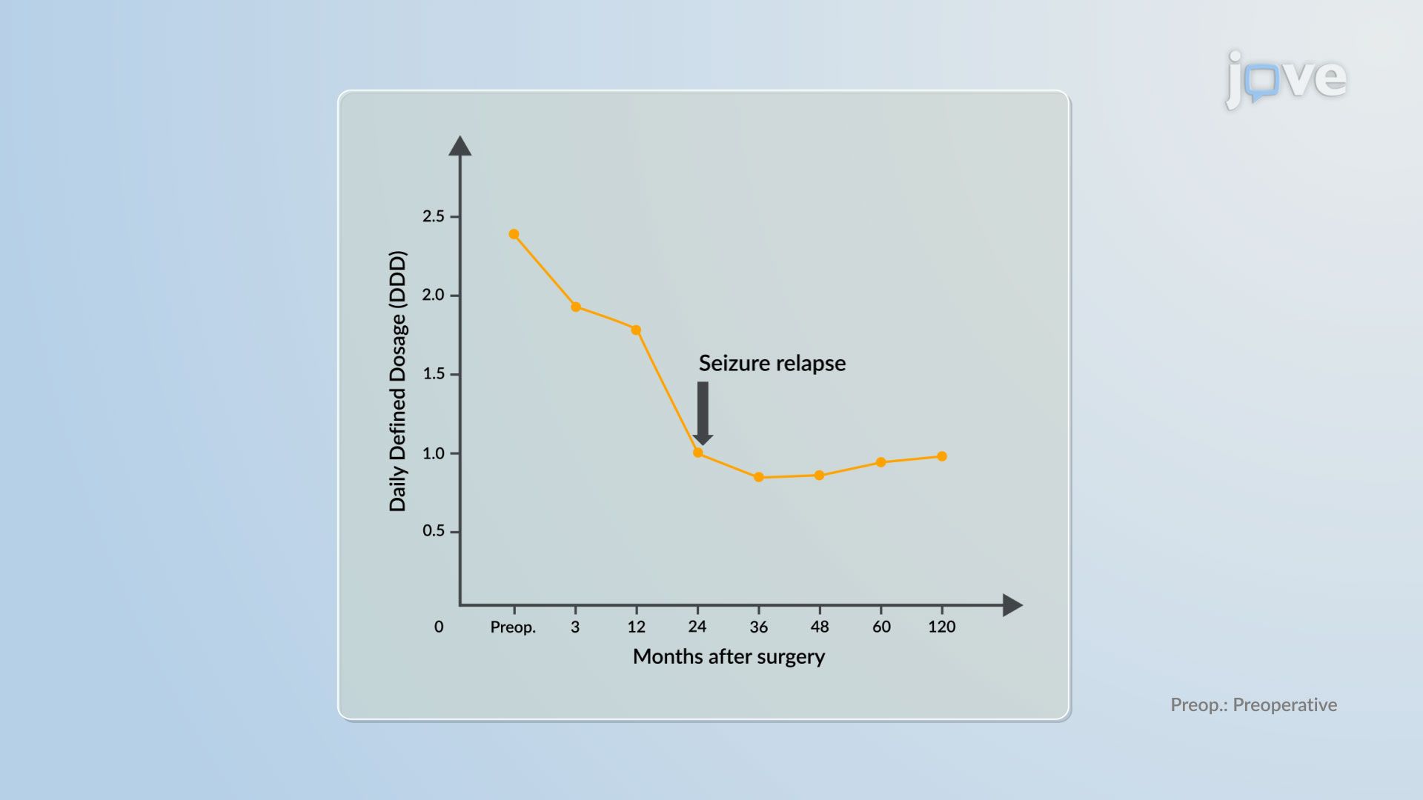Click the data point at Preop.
click(x=514, y=234)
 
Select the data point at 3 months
click(x=575, y=307)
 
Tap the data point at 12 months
click(x=636, y=330)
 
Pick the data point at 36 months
click(x=758, y=478)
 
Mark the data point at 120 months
click(x=942, y=456)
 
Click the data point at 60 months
click(x=880, y=462)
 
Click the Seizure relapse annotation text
click(x=772, y=363)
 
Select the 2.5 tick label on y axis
click(x=434, y=216)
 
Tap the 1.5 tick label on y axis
click(x=434, y=374)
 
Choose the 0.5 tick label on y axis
click(x=434, y=531)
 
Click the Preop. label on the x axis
click(x=513, y=627)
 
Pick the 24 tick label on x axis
click(x=697, y=627)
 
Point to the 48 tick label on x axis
click(x=819, y=627)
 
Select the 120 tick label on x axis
click(x=941, y=627)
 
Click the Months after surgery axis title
click(x=729, y=657)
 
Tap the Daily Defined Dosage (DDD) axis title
click(x=398, y=381)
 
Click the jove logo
click(x=1286, y=79)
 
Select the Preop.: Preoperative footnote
click(x=1253, y=704)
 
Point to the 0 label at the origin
click(x=439, y=627)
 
